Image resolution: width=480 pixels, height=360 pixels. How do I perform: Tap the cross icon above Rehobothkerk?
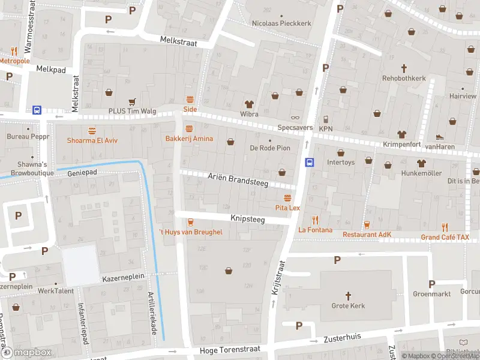404,68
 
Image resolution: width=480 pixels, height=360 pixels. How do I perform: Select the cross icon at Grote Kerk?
348,295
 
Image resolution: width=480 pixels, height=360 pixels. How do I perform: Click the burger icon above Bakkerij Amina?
190,129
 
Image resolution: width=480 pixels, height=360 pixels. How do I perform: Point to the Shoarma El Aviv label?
92,140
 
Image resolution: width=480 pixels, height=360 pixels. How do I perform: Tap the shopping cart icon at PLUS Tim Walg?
131,101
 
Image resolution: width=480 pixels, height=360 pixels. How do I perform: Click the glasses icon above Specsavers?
294,118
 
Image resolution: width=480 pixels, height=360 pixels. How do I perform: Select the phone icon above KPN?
326,119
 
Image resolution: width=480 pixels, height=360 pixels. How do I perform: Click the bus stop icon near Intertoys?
310,162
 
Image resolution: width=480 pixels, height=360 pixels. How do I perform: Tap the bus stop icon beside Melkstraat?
37,110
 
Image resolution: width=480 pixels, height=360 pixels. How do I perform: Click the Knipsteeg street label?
247,220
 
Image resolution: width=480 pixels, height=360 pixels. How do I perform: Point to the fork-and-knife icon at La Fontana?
311,220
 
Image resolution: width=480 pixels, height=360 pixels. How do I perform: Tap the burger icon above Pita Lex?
287,197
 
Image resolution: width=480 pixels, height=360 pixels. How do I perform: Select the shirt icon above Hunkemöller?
421,163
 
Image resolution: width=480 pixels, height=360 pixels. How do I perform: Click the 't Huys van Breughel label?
190,232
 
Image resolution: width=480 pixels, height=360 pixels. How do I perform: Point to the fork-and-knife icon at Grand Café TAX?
445,227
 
